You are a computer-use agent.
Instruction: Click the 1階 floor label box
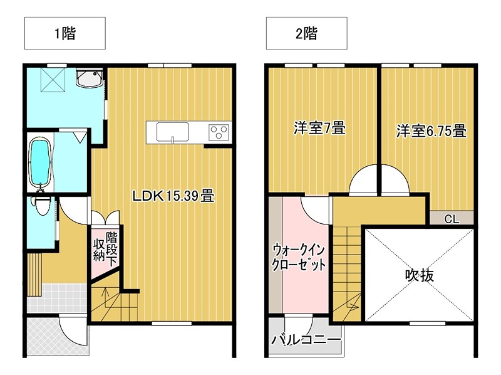[x=65, y=34]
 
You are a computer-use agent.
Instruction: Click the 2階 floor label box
[x=306, y=34]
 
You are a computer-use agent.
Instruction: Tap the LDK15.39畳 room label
[x=173, y=196]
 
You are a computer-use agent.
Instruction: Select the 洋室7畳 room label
[x=320, y=129]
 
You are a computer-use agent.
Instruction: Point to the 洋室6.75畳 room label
[x=431, y=132]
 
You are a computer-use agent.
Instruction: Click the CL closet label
[x=451, y=219]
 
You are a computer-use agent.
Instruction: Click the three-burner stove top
[x=219, y=132]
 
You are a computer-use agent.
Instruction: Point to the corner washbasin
[x=87, y=78]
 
